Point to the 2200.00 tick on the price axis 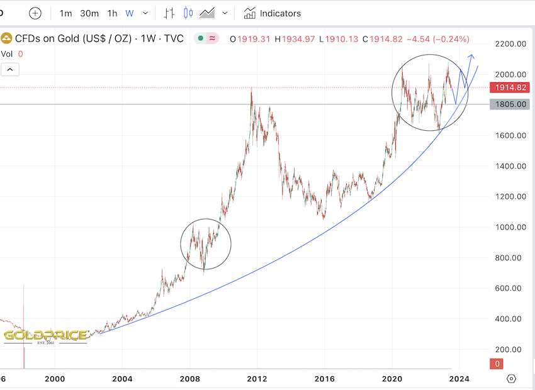pyautogui.click(x=510, y=43)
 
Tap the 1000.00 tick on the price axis pyautogui.click(x=510, y=227)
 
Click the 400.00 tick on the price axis pyautogui.click(x=510, y=319)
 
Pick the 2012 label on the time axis pyautogui.click(x=257, y=379)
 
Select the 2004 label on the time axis pyautogui.click(x=122, y=379)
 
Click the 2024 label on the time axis pyautogui.click(x=459, y=379)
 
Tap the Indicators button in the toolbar pyautogui.click(x=273, y=13)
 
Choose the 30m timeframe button pyautogui.click(x=89, y=13)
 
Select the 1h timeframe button pyautogui.click(x=112, y=13)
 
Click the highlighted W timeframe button pyautogui.click(x=130, y=13)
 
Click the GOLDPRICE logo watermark pyautogui.click(x=45, y=335)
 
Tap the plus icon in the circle pyautogui.click(x=35, y=13)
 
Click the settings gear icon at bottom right pyautogui.click(x=511, y=379)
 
